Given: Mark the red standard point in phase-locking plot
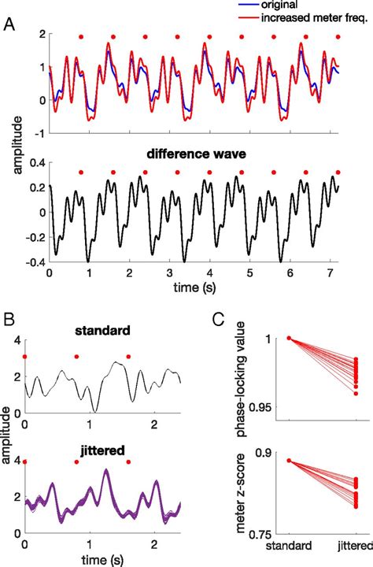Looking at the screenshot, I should tap(289, 338).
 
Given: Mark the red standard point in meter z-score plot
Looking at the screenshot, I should tap(289, 461).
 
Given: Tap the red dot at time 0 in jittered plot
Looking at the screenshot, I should tap(25, 462).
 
